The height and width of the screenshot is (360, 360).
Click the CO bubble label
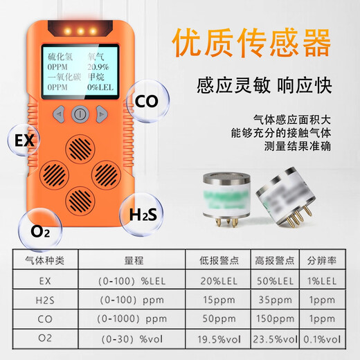click(146, 101)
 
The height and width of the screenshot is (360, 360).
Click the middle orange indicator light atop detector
click(80, 31)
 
